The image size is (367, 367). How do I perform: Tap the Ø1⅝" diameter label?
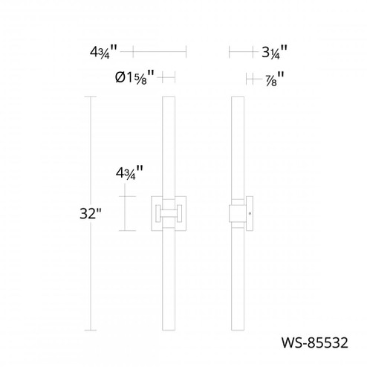tap(134, 77)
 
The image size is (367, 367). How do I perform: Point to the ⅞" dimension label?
tap(273, 77)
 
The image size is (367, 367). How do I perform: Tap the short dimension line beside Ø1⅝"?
tap(168, 77)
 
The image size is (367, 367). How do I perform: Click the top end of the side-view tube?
tap(238, 99)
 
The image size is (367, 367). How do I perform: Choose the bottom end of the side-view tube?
tap(238, 328)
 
